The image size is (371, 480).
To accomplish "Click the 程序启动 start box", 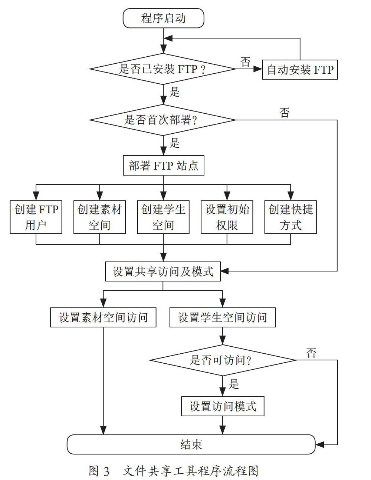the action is pos(163,18).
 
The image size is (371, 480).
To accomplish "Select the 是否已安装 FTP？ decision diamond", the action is pos(163,69).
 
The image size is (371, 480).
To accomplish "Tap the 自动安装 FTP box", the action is pos(300,70).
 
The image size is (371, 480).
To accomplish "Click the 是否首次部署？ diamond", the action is pos(163,120).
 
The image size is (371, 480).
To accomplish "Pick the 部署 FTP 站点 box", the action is pos(164,166).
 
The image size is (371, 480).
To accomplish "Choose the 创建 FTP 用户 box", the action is pos(36,217).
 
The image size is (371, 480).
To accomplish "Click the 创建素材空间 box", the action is pos(99,217).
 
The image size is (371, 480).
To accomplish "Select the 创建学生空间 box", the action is pos(163,217).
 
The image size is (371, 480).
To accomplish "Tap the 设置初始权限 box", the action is pos(227,217).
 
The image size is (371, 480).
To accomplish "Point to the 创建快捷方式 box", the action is pos(290,217).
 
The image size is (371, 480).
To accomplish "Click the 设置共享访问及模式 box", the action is pos(163,271).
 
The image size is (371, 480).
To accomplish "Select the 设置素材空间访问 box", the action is pos(103,317).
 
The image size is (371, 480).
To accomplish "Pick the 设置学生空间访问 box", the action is pos(222,317).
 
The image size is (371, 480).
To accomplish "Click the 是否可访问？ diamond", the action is pos(222,360).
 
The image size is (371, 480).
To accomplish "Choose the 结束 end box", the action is pos(191,444).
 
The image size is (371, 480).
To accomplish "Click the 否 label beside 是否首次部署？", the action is pos(285,113).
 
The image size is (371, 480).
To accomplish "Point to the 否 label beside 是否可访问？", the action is pos(311,353).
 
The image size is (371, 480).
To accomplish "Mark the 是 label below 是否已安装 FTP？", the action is pos(174,92).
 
